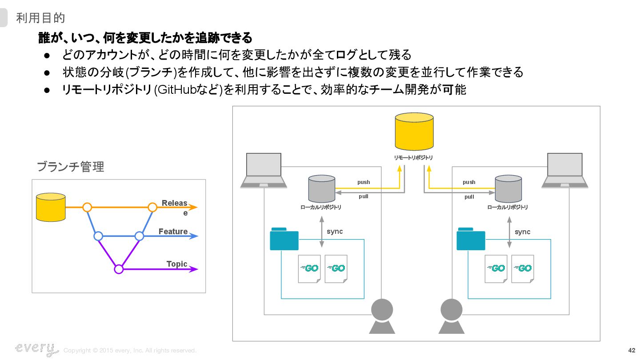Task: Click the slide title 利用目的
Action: click(x=40, y=18)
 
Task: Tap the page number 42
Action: click(x=632, y=350)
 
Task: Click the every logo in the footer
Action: click(x=36, y=349)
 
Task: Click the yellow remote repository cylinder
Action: click(x=414, y=132)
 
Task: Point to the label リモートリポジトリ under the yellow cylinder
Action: click(x=413, y=158)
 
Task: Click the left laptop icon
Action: click(x=264, y=171)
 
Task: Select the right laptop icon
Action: click(x=565, y=171)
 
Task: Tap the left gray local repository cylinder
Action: click(x=322, y=188)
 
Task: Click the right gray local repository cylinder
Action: click(x=508, y=188)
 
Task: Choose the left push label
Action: click(x=364, y=182)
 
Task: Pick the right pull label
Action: click(x=469, y=197)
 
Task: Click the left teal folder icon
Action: click(x=284, y=239)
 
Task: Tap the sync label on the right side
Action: click(x=522, y=232)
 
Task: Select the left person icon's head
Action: click(x=382, y=310)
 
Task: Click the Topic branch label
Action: click(x=177, y=264)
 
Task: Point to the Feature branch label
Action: click(x=173, y=232)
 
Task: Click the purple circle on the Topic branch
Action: click(x=119, y=269)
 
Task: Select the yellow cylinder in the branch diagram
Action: click(x=51, y=207)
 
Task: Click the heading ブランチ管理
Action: click(x=70, y=167)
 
